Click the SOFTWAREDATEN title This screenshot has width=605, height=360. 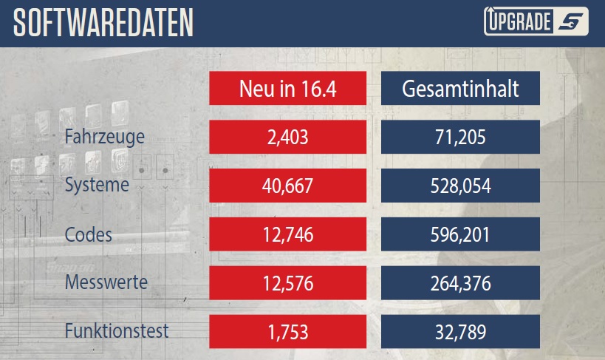point(103,24)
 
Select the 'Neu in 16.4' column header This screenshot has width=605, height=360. point(287,89)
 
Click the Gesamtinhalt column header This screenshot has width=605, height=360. point(460,89)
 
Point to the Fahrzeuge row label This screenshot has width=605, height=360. point(104,137)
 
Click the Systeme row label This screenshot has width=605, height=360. point(97,185)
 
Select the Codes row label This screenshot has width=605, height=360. point(89,235)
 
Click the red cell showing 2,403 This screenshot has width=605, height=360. point(287,137)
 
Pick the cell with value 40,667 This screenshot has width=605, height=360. point(287,186)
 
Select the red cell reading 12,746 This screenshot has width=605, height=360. point(287,234)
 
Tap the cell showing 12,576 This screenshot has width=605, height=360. point(287,282)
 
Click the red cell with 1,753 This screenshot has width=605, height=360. point(287,330)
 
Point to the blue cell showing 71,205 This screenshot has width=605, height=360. point(460,137)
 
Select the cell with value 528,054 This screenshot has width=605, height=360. point(460,186)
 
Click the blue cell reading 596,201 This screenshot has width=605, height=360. point(460,234)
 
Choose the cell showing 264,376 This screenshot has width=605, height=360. point(460,282)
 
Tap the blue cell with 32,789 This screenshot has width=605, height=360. point(460,330)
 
